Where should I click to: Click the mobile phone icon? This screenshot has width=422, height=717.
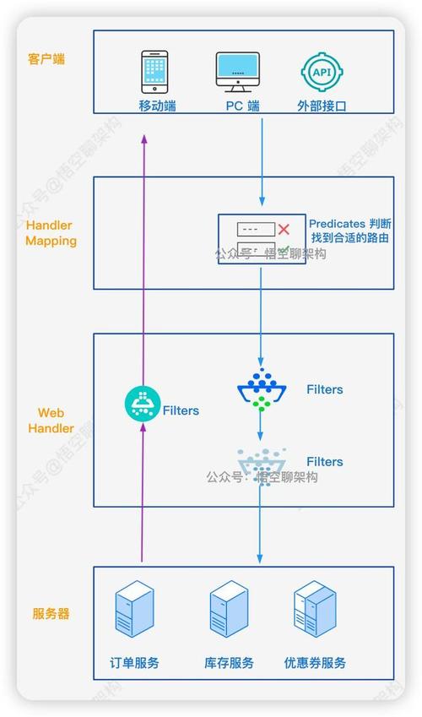tap(154, 72)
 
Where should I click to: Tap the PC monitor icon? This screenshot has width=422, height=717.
tap(238, 72)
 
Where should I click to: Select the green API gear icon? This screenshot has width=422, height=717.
tap(322, 73)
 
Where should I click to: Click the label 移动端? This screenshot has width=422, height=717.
tap(157, 106)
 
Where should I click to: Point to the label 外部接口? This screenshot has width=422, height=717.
tap(322, 106)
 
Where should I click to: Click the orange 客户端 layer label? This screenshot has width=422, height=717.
tap(46, 59)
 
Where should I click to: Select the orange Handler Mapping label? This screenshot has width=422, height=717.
tap(51, 233)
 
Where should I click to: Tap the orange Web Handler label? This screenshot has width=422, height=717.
tap(51, 421)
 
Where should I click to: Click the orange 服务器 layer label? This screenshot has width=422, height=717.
tap(51, 613)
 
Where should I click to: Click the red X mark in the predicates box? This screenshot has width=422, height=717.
tap(284, 229)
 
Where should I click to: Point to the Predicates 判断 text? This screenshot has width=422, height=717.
tap(349, 224)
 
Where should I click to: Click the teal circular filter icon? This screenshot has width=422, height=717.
tap(142, 404)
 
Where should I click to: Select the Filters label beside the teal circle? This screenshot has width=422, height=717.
tap(181, 410)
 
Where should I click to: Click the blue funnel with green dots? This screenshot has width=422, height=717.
tap(262, 389)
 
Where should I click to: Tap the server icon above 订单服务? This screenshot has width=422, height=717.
tap(134, 609)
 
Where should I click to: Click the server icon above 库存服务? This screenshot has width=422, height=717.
tap(229, 609)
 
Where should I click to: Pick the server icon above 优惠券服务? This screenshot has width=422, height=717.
tap(315, 609)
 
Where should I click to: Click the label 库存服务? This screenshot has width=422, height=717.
tap(229, 663)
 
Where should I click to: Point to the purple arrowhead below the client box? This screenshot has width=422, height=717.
tap(144, 139)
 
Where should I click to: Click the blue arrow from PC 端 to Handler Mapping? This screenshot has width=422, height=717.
tap(262, 162)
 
